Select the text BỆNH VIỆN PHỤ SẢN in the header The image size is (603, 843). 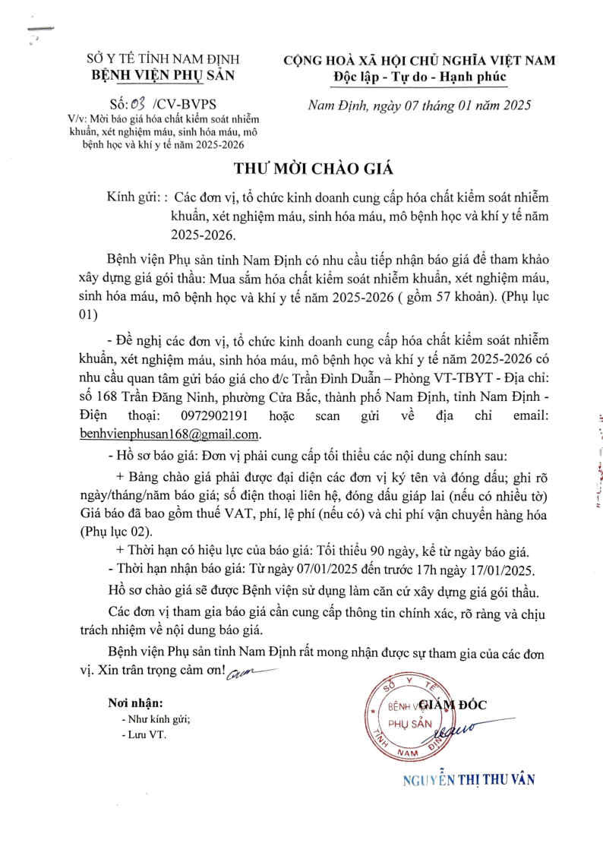[x=163, y=74]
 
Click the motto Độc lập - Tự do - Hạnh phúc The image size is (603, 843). [x=419, y=77]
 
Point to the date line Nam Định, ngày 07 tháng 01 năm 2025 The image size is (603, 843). [x=418, y=104]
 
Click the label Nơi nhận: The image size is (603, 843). [x=135, y=703]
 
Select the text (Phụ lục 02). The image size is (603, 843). [x=116, y=532]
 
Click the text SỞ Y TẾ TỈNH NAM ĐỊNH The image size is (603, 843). [x=163, y=59]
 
